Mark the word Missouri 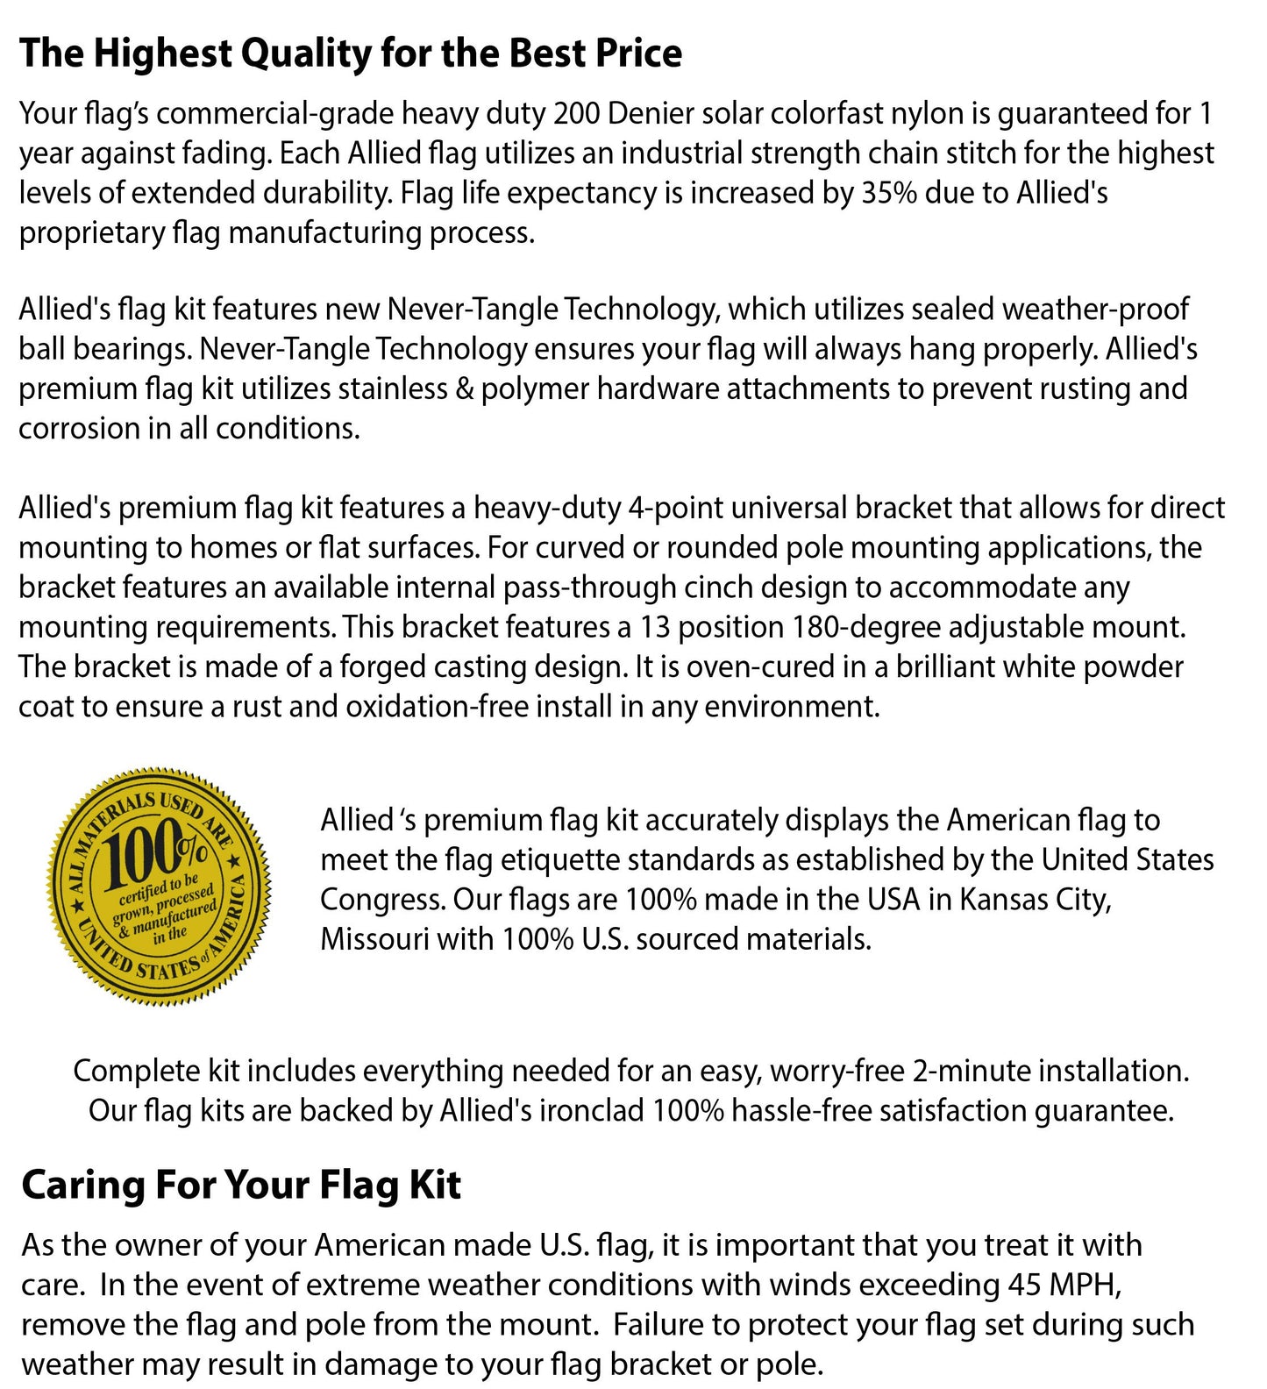[x=374, y=939]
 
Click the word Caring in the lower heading [x=82, y=1186]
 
